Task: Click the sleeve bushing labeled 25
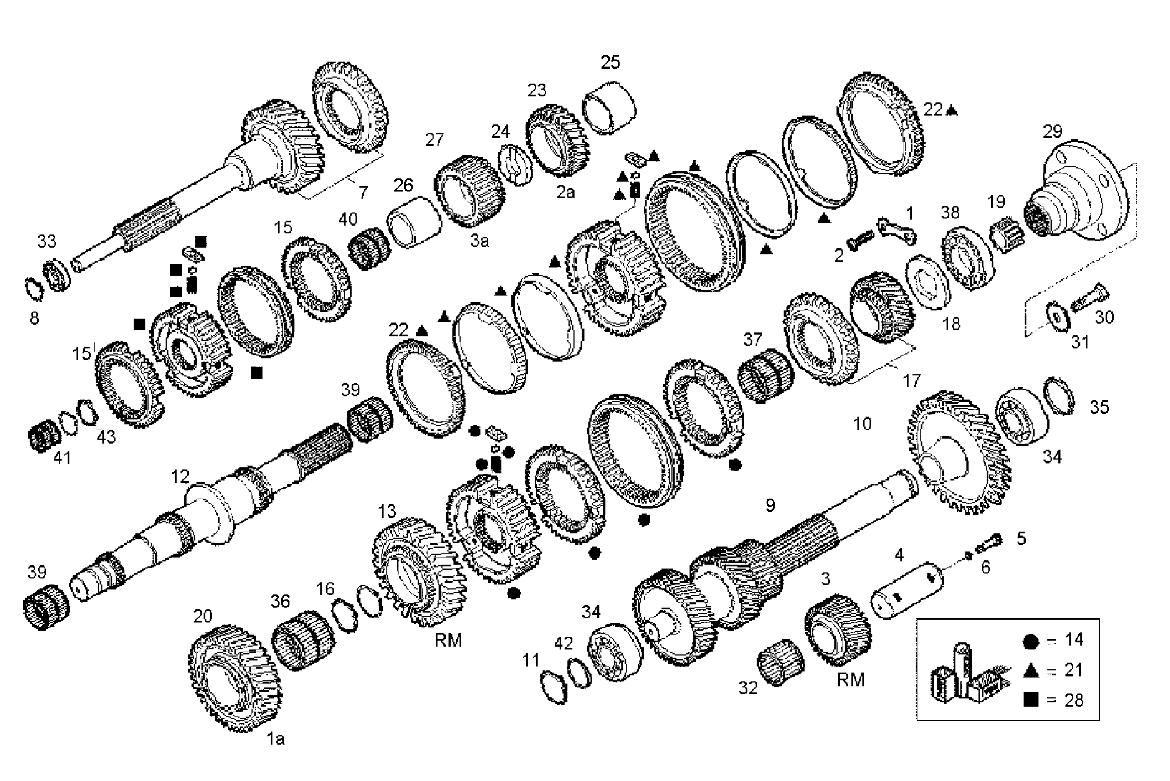pyautogui.click(x=610, y=107)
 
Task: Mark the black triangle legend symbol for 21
pyautogui.click(x=1030, y=670)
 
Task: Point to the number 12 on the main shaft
pyautogui.click(x=180, y=477)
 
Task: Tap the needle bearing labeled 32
pyautogui.click(x=780, y=662)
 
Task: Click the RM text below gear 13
pyautogui.click(x=448, y=640)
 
